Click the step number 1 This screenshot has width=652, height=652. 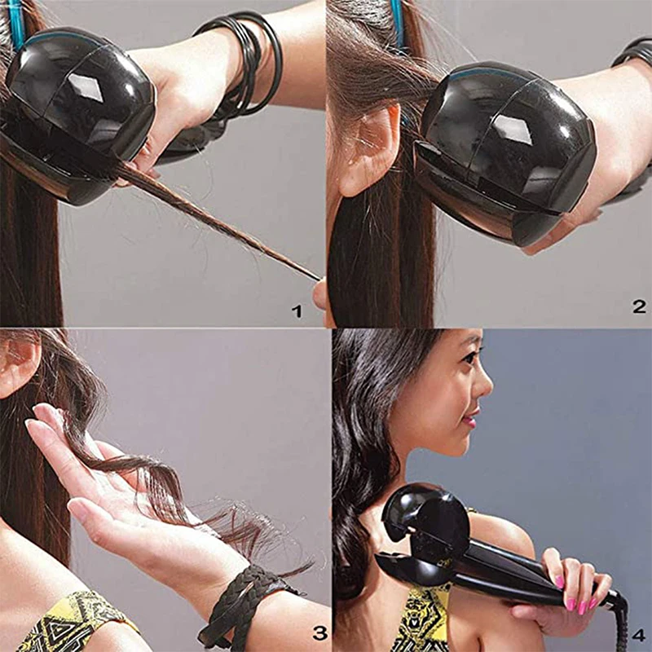[297, 311]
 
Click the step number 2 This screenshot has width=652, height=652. [639, 306]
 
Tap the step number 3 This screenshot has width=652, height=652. [319, 632]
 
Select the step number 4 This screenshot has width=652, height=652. [638, 633]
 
